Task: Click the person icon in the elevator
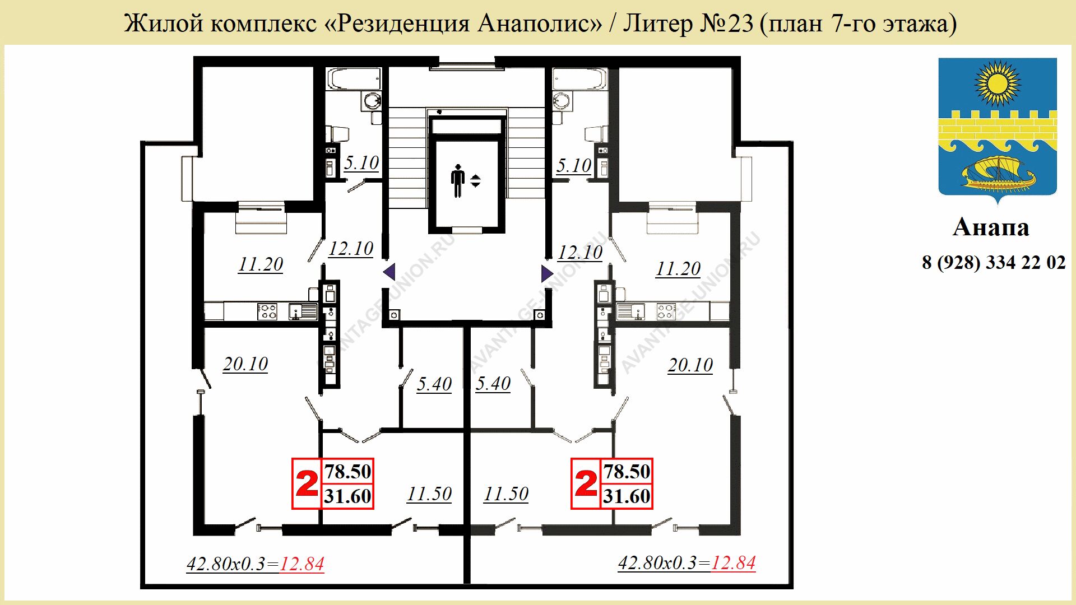[x=458, y=181]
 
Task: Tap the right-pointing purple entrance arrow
[x=547, y=273]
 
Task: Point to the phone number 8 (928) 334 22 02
[x=994, y=262]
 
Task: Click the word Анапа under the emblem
[x=991, y=227]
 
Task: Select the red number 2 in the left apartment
[x=307, y=483]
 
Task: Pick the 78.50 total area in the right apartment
[x=627, y=472]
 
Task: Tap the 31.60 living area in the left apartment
[x=347, y=496]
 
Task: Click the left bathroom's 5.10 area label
[x=361, y=163]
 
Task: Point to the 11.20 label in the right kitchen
[x=678, y=269]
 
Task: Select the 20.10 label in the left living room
[x=245, y=364]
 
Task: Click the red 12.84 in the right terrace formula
[x=733, y=562]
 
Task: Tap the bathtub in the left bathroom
[x=354, y=79]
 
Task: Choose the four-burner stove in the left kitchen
[x=267, y=311]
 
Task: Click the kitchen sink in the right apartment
[x=631, y=311]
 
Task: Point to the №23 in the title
[x=726, y=24]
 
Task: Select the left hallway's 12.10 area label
[x=351, y=249]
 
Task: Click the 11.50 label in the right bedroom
[x=506, y=494]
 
